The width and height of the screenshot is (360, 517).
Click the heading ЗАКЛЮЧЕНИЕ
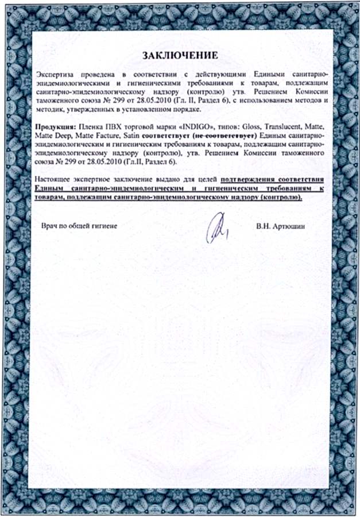[180, 56]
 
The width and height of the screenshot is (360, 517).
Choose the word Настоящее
[54, 180]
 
